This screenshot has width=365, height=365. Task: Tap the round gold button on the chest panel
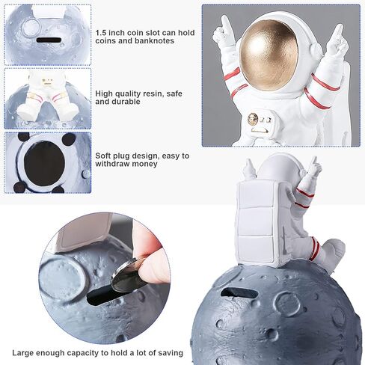point(254,118)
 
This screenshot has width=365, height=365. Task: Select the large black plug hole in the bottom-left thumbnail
point(46,161)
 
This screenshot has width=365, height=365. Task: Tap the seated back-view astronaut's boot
point(334,254)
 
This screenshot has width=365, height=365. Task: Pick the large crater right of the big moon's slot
point(287,302)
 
